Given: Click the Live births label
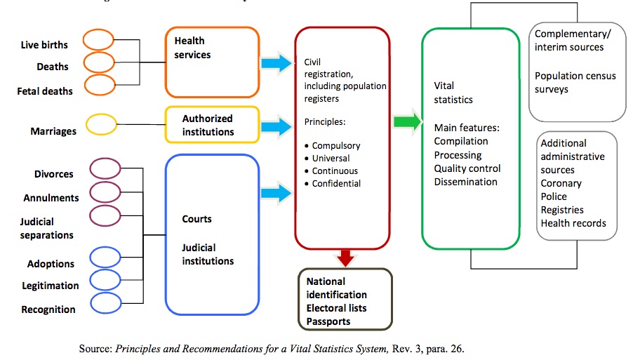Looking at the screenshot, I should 44,45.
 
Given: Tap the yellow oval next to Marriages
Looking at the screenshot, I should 100,125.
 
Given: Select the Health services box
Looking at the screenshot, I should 212,62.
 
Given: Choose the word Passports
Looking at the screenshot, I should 328,321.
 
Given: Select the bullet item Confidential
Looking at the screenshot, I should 337,184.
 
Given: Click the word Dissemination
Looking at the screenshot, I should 465,182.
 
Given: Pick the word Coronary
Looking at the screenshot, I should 561,183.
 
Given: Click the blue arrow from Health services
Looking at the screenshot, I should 276,64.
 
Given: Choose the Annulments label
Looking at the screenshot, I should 51,198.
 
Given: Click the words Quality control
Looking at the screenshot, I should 467,168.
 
